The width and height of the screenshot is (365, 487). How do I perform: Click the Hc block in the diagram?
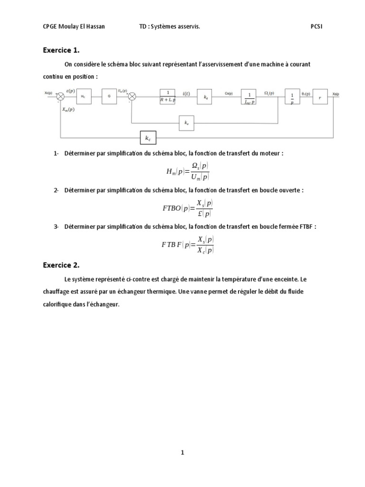[83, 96]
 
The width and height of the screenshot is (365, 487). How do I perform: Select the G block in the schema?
[109, 96]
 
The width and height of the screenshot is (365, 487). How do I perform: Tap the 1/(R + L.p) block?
[167, 97]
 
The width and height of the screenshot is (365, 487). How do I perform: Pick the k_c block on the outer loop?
[148, 138]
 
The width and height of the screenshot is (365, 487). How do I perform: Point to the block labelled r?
[319, 96]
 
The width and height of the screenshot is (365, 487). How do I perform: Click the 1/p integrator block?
[291, 97]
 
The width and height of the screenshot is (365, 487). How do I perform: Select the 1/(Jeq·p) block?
[249, 97]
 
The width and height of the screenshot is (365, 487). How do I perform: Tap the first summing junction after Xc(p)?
[60, 97]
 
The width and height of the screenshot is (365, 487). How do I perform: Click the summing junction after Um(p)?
[132, 97]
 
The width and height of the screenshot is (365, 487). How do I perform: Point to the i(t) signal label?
[186, 94]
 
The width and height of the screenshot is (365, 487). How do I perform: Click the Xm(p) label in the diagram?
[68, 109]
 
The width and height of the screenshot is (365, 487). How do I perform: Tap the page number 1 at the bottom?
[182, 453]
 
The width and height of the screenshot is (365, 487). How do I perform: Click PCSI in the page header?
[317, 27]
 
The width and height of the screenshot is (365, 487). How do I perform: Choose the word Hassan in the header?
[95, 27]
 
